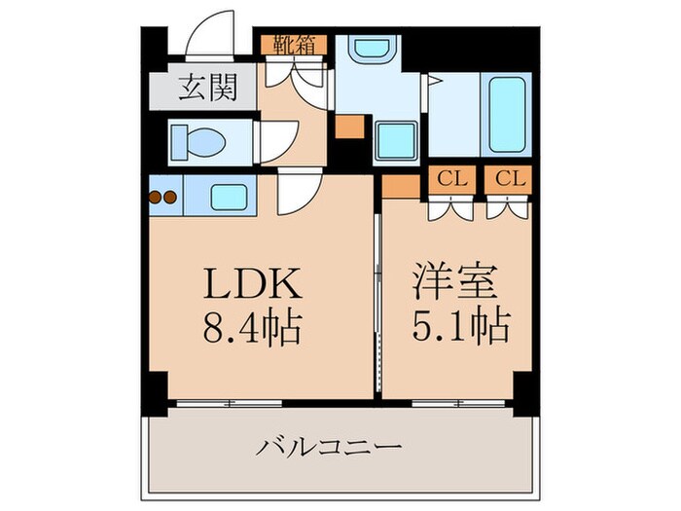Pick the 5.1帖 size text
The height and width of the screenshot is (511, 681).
pyautogui.click(x=458, y=325)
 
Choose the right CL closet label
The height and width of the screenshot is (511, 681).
pyautogui.click(x=509, y=179)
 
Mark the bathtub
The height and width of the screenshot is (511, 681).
pyautogui.click(x=508, y=114)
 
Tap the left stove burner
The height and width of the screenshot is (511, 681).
pyautogui.click(x=156, y=197)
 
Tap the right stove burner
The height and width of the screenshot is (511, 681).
pyautogui.click(x=170, y=197)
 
